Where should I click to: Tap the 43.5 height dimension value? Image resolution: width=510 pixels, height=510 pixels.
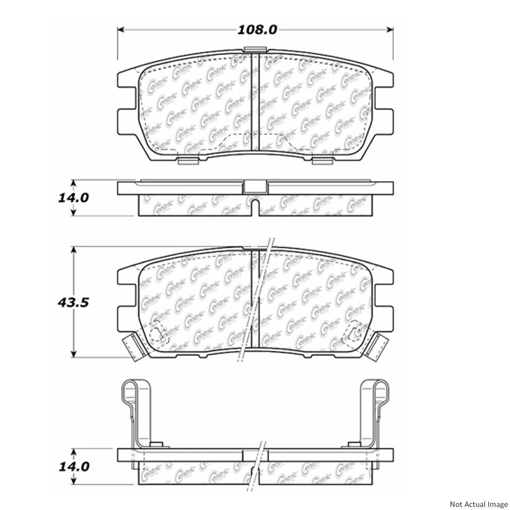tap(72, 303)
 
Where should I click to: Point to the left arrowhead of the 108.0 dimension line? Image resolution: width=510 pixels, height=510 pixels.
tap(121, 29)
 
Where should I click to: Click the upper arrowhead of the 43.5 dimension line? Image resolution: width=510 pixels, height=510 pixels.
tap(73, 250)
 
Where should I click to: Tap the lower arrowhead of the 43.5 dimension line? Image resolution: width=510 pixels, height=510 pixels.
tap(73, 354)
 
